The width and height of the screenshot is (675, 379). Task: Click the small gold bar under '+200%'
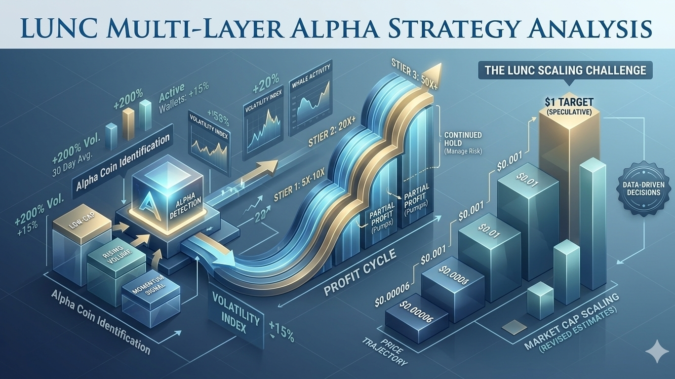pos(128,124)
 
